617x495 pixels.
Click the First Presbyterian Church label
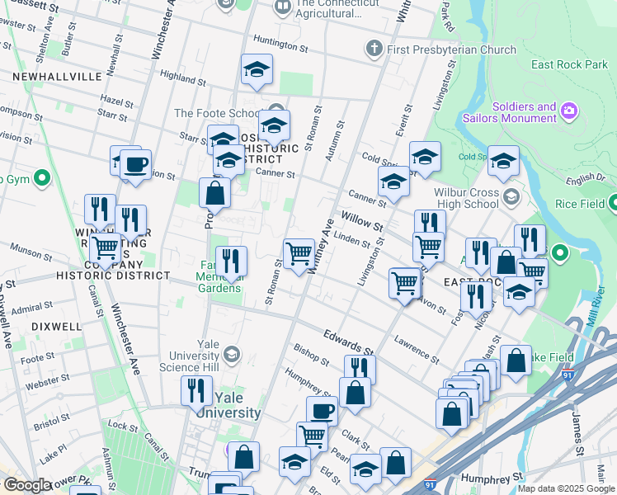coord(453,49)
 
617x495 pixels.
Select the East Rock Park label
coord(570,64)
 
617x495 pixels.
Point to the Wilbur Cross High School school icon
coord(511,196)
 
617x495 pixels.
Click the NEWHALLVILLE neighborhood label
coord(57,76)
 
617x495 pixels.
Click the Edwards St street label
coord(346,339)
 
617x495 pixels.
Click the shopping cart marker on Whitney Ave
coord(298,253)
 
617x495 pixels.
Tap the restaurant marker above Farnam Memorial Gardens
coord(231,261)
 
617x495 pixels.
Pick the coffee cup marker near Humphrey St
coord(322,410)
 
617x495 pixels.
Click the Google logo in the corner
coord(27,485)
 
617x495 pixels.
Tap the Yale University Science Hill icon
coord(233,355)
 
